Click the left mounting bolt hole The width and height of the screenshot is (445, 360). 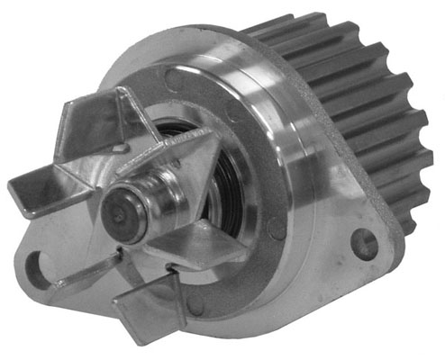tap(41, 265)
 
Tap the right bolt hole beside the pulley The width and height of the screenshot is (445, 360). tap(363, 240)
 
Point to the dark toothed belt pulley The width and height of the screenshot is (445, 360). tap(360, 108)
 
